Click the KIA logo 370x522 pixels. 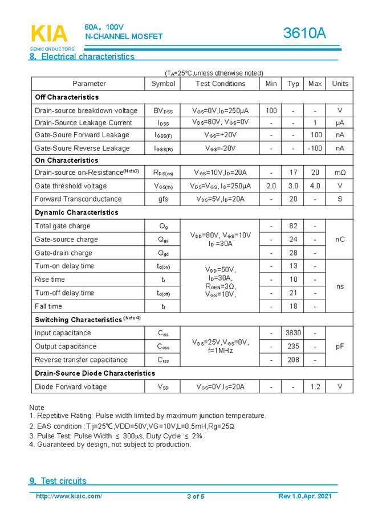(x=48, y=34)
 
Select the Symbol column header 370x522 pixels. (x=163, y=84)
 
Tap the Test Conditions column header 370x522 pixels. (x=220, y=84)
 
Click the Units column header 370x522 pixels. (x=340, y=84)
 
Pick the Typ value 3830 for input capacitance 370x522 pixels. (x=293, y=333)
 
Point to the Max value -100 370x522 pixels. (x=315, y=148)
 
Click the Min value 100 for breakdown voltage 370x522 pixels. (x=271, y=110)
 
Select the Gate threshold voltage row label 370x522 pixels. (x=71, y=186)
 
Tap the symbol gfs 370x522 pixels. (x=163, y=199)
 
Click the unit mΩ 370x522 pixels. (x=340, y=172)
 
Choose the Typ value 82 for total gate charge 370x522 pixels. (x=293, y=226)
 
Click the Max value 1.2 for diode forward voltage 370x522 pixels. (x=315, y=387)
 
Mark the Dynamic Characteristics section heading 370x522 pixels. (x=76, y=212)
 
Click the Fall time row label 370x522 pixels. (x=48, y=306)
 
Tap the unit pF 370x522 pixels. (x=340, y=346)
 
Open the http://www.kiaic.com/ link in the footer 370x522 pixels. (x=69, y=496)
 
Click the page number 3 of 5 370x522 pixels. (x=195, y=496)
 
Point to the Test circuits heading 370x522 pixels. (x=58, y=481)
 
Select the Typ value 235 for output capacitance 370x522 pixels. (x=293, y=346)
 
